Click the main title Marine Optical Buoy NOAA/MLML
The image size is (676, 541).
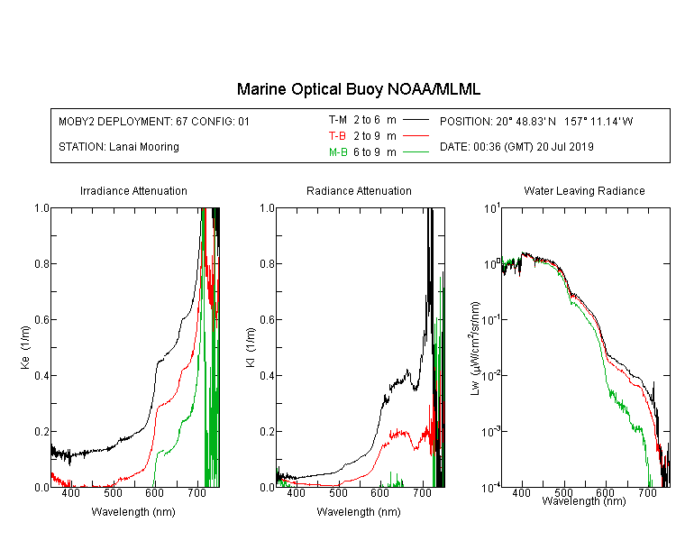tap(358, 89)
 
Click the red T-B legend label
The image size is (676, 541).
tap(337, 136)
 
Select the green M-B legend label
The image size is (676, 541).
tap(338, 152)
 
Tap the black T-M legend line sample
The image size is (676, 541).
tap(416, 120)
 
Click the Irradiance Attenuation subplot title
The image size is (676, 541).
tap(133, 190)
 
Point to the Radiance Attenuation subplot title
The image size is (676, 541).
tap(359, 190)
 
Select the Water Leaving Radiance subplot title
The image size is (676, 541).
tap(584, 190)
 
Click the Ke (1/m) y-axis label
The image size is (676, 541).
tap(25, 347)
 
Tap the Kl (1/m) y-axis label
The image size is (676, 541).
tap(251, 347)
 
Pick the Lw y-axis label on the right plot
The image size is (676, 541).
tap(475, 348)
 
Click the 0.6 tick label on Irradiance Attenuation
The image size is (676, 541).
tap(41, 320)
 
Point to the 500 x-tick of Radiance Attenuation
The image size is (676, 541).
tap(338, 492)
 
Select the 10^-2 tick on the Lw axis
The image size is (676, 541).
tap(491, 375)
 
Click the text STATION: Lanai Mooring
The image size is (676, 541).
tap(119, 147)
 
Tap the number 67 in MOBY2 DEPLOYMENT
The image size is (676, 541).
tap(181, 122)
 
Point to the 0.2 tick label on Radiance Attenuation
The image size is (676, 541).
tap(267, 431)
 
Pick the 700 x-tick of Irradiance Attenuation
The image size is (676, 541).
tap(197, 492)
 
